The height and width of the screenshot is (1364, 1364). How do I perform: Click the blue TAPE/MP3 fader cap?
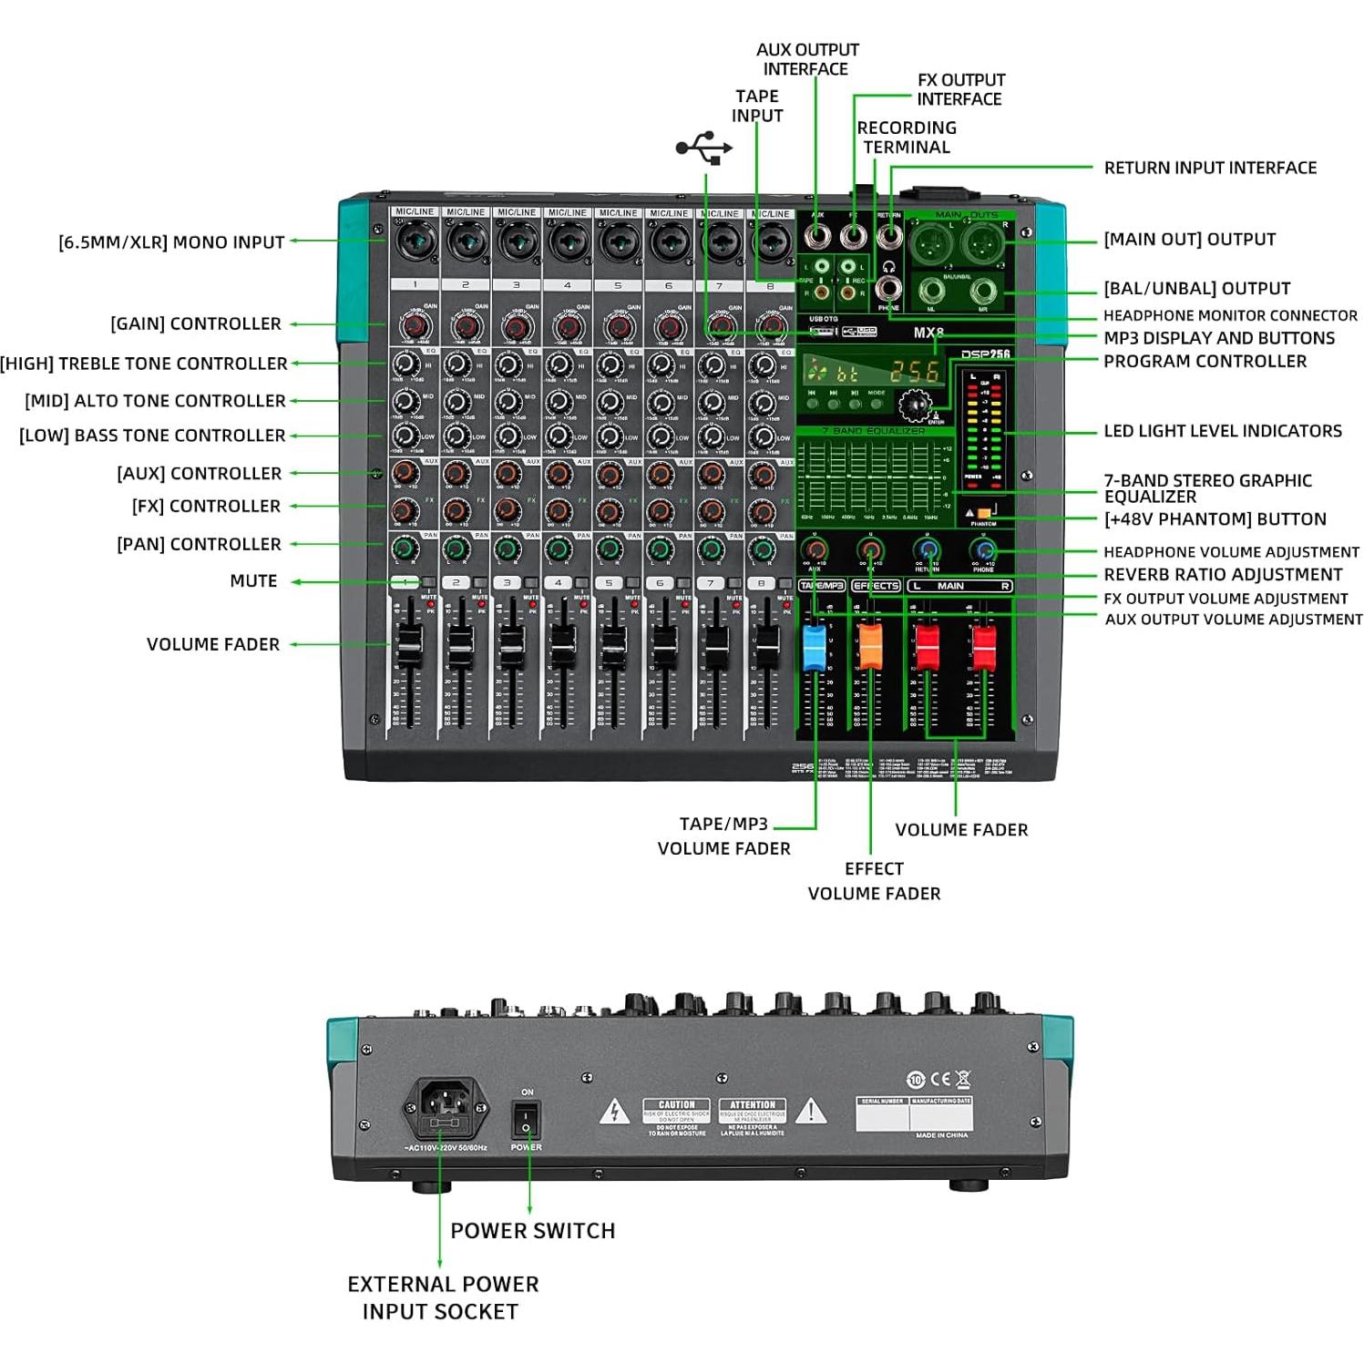pos(814,645)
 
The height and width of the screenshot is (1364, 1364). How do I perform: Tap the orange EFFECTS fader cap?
pos(870,645)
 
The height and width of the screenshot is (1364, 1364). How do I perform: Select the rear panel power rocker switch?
pos(526,1119)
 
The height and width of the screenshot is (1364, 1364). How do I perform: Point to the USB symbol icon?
pos(703,148)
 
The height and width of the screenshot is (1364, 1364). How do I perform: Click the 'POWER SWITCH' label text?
pos(533,1231)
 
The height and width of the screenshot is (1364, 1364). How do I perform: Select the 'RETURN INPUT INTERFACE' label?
pos(1209,168)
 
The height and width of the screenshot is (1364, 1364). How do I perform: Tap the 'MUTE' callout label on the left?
pos(253,581)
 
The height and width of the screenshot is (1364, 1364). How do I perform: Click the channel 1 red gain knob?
pos(414,326)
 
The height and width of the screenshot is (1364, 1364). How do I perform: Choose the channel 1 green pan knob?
pos(405,549)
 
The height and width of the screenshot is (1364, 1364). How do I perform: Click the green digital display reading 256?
pos(914,371)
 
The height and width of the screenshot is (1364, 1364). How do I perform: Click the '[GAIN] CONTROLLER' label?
pos(196,324)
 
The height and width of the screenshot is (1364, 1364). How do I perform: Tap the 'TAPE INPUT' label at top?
pos(756,106)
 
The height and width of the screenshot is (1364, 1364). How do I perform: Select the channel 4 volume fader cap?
pos(562,643)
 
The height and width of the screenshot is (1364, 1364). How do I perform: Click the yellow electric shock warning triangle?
pos(614,1113)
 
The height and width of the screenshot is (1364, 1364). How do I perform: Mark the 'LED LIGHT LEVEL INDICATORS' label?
pos(1222,431)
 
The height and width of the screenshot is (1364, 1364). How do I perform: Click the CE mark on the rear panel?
pos(940,1080)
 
